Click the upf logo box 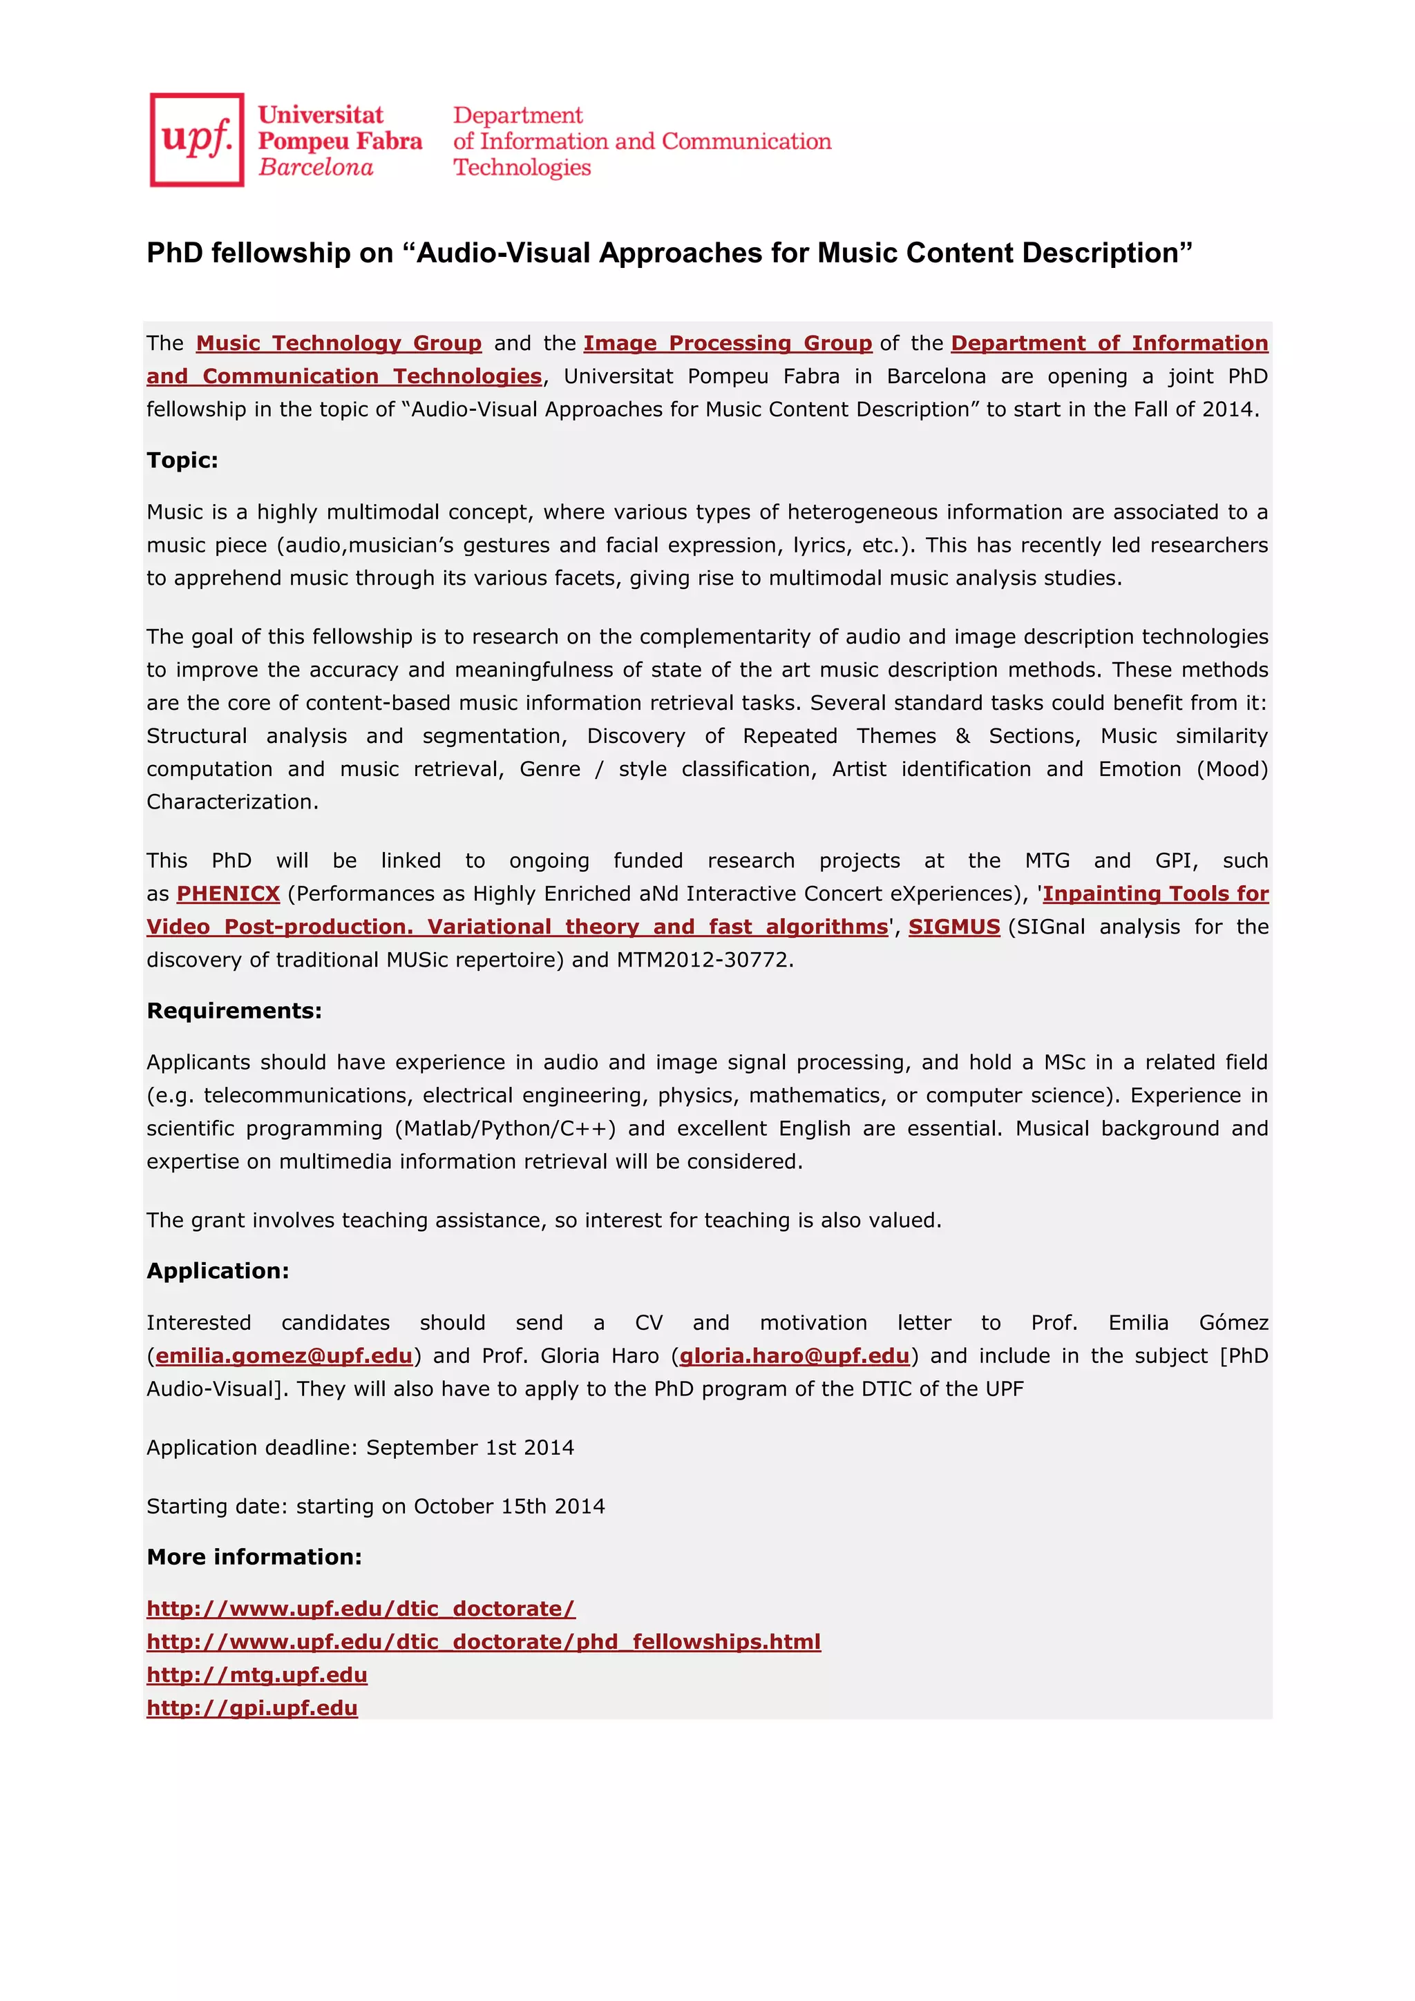pyautogui.click(x=196, y=139)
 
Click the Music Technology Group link pyautogui.click(x=339, y=343)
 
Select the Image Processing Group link pyautogui.click(x=727, y=343)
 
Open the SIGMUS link pyautogui.click(x=953, y=927)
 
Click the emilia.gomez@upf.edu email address pyautogui.click(x=283, y=1356)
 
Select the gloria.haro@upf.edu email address pyautogui.click(x=795, y=1356)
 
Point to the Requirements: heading pyautogui.click(x=234, y=1011)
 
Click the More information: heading pyautogui.click(x=254, y=1558)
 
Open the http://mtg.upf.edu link pyautogui.click(x=256, y=1675)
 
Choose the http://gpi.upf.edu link pyautogui.click(x=252, y=1708)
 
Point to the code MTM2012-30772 pyautogui.click(x=705, y=960)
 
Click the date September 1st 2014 pyautogui.click(x=470, y=1448)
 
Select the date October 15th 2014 pyautogui.click(x=509, y=1507)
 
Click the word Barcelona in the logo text pyautogui.click(x=316, y=167)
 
